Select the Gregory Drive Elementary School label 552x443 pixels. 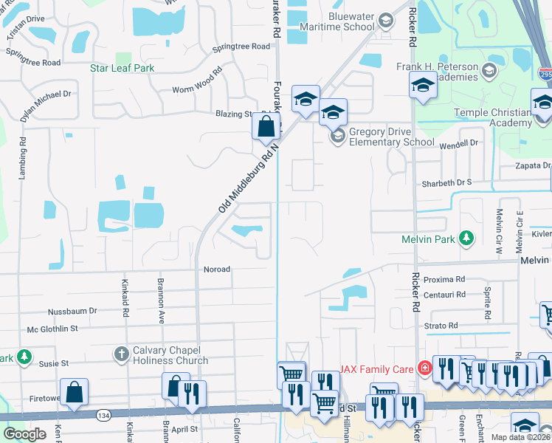pos(391,137)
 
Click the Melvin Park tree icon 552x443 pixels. pos(466,238)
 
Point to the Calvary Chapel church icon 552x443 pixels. pos(122,354)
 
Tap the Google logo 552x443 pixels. pos(25,433)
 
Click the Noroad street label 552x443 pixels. pos(217,269)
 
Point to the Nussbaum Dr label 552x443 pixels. pos(72,312)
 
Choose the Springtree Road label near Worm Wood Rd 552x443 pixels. pos(241,47)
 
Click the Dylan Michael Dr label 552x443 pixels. pos(46,95)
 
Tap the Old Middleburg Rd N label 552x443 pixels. pos(249,179)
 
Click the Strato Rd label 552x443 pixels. pos(443,325)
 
